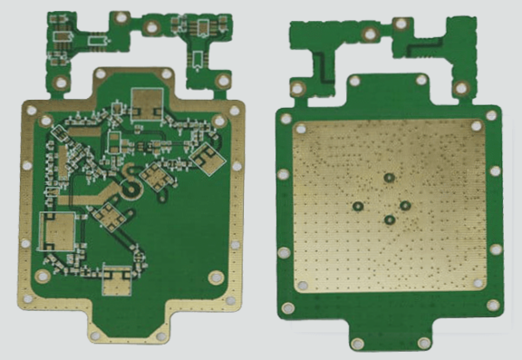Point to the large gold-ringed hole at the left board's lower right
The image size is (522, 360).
pos(216,277)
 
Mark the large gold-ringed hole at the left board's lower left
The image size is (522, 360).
pos(43,276)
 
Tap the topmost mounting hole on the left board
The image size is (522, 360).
pos(120,17)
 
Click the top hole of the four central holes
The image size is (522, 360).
pos(389,179)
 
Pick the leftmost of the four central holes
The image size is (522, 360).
pos(360,205)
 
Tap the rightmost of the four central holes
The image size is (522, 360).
pos(404,205)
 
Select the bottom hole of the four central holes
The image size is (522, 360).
pos(389,219)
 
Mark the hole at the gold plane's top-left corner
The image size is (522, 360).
pos(297,128)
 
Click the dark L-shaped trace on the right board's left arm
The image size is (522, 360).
pos(319,68)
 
